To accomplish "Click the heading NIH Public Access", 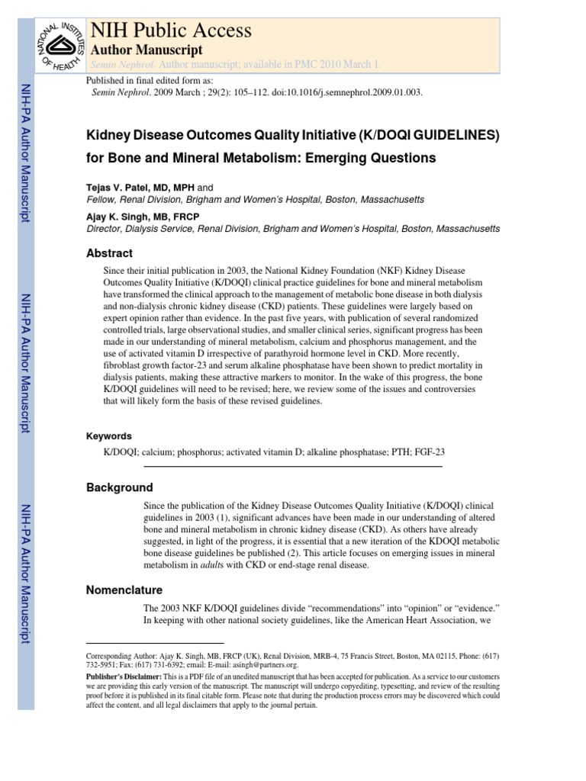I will (x=171, y=30).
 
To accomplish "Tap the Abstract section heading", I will (x=109, y=253).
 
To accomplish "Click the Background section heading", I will (x=119, y=487).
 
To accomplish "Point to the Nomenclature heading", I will (x=124, y=590).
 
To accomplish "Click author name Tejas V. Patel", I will (x=120, y=186).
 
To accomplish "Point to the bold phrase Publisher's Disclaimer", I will (x=123, y=677).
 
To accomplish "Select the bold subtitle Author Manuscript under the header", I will (x=146, y=50).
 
